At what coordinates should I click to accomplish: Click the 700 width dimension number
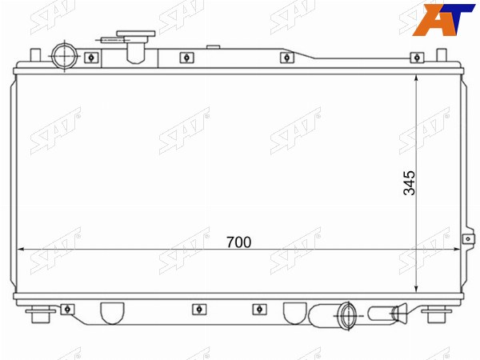click(x=238, y=242)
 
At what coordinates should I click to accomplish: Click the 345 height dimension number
click(x=410, y=183)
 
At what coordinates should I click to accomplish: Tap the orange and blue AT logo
click(x=442, y=19)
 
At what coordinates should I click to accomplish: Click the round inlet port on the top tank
click(x=64, y=56)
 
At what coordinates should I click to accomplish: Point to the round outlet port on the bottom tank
click(x=347, y=315)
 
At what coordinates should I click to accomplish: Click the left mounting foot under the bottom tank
click(x=41, y=314)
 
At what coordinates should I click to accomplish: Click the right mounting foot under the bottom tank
click(x=437, y=314)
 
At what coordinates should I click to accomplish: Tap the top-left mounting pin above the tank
click(x=35, y=55)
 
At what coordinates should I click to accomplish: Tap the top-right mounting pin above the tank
click(x=442, y=55)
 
